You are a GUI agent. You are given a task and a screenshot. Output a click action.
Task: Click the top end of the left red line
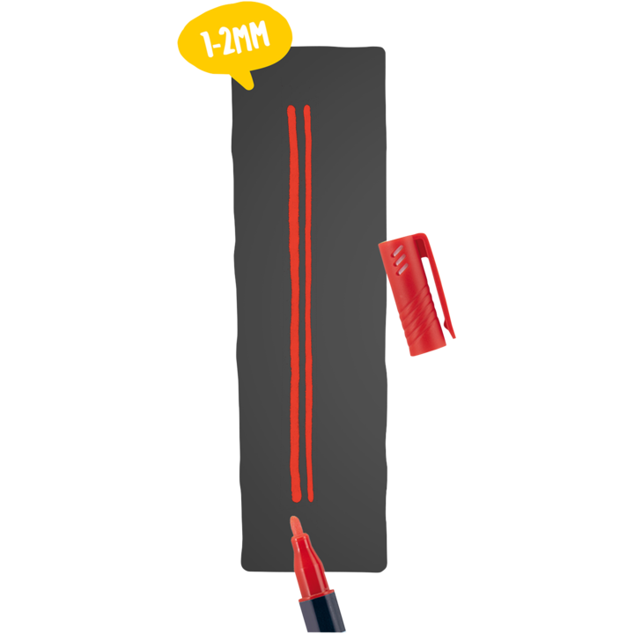(x=291, y=109)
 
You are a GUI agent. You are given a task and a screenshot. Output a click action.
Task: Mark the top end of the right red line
(x=306, y=109)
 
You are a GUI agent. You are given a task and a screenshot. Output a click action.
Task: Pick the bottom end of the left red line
(x=296, y=498)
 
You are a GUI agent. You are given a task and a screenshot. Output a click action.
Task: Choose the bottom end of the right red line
(x=308, y=498)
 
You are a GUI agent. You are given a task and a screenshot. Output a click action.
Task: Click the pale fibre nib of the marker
(x=296, y=526)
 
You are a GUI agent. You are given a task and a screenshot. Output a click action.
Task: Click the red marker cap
(x=414, y=291)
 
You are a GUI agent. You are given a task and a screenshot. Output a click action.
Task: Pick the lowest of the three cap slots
(x=402, y=268)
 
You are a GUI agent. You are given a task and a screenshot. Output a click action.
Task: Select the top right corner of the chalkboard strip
(x=384, y=48)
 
